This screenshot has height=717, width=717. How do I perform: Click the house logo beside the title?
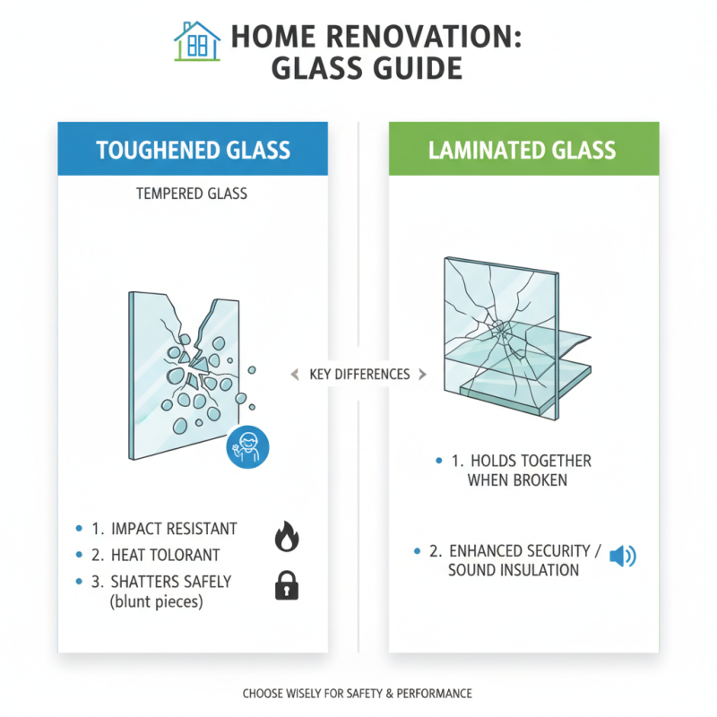[x=197, y=41]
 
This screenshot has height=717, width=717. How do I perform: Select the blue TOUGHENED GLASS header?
[x=193, y=150]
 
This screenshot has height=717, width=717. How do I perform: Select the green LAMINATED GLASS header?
[x=523, y=150]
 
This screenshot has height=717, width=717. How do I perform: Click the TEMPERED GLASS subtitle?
[x=193, y=194]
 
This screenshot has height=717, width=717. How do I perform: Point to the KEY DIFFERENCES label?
[x=358, y=374]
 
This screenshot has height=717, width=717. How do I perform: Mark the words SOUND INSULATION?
[x=514, y=570]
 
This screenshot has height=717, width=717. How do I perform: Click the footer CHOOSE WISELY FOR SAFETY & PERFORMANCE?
[x=358, y=693]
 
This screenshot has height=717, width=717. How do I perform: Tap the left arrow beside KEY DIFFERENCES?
[x=294, y=375]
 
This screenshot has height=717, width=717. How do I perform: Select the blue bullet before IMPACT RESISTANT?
[x=81, y=530]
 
